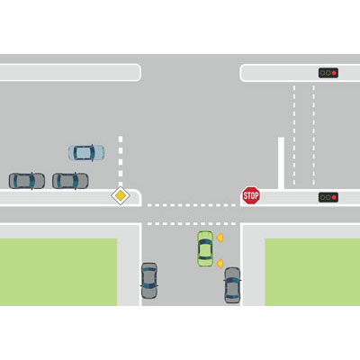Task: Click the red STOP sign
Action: pos(251,195)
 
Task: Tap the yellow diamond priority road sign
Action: pos(121,195)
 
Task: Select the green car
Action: pos(205,248)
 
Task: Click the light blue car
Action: pos(86,153)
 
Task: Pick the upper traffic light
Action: pos(328,73)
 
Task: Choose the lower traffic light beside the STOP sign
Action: pos(328,197)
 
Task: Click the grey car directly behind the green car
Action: pos(232,285)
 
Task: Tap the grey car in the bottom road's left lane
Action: pos(149,281)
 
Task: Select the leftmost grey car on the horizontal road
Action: pos(27,181)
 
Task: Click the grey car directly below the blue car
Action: pos(70,181)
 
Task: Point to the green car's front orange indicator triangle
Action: pos(220,238)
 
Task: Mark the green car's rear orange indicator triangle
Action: pos(220,264)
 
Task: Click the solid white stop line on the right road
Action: pos(281,163)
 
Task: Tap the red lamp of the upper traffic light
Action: pos(334,73)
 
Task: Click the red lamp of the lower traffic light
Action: pos(334,197)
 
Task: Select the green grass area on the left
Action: pos(58,272)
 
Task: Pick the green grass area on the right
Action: pos(312,272)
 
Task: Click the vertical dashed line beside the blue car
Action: pos(121,162)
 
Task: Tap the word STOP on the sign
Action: pos(251,196)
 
